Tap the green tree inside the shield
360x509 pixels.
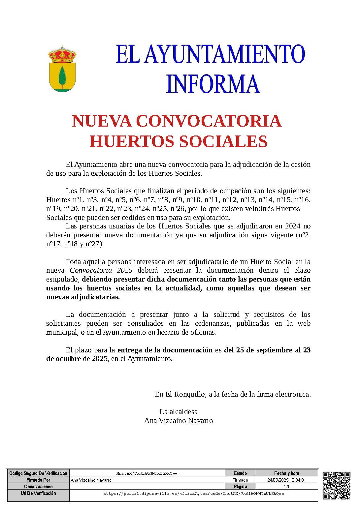[62, 76]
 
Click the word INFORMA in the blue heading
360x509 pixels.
[213, 84]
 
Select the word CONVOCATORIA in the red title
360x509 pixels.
[209, 121]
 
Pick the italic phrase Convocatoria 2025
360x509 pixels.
[101, 271]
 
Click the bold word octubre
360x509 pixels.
[63, 359]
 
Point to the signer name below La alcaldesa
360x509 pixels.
[179, 421]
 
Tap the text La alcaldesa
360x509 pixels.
[179, 412]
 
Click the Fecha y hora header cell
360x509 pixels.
[286, 473]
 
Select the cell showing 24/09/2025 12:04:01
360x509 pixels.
[286, 480]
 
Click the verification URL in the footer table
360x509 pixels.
[194, 494]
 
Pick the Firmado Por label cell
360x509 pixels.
[38, 480]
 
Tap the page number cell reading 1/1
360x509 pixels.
[286, 487]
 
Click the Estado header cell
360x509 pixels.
[240, 473]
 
